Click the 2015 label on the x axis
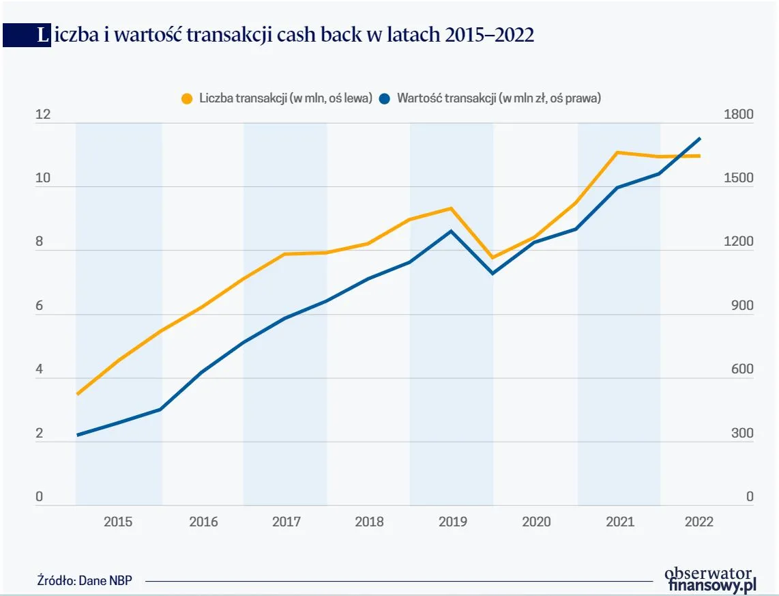(x=118, y=522)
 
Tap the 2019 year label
(x=453, y=522)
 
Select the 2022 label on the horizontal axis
(x=699, y=522)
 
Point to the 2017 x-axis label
(x=286, y=522)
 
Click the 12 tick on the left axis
(x=43, y=114)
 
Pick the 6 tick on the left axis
(x=40, y=306)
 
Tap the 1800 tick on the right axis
(x=740, y=114)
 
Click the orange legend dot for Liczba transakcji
(x=187, y=98)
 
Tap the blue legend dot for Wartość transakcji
(x=385, y=98)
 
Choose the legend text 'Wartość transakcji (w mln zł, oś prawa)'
(x=499, y=98)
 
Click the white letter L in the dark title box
(x=44, y=36)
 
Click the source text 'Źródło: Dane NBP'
(x=85, y=580)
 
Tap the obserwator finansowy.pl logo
(x=710, y=579)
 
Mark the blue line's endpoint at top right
(x=700, y=139)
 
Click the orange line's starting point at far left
(x=78, y=394)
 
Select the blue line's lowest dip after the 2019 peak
(x=493, y=274)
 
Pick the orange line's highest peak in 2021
(x=617, y=152)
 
